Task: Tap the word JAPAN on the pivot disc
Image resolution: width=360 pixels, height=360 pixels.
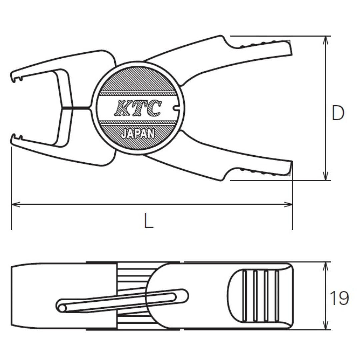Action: (138, 134)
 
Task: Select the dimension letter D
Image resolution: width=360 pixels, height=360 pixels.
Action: (338, 114)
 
